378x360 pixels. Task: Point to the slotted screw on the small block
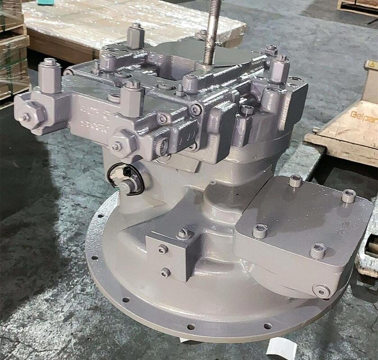click(x=184, y=234)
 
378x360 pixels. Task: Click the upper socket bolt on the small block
click(x=163, y=249)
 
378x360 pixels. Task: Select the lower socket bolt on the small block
click(x=165, y=272)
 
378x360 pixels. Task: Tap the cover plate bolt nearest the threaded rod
click(x=296, y=180)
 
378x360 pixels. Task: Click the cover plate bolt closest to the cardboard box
click(x=348, y=196)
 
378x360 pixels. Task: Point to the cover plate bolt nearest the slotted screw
click(x=260, y=231)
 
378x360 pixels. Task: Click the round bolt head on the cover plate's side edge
click(x=321, y=291)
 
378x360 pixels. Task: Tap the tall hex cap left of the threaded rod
click(x=135, y=36)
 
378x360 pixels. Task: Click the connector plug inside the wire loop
click(x=127, y=185)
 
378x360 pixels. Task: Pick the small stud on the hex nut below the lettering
click(x=117, y=146)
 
